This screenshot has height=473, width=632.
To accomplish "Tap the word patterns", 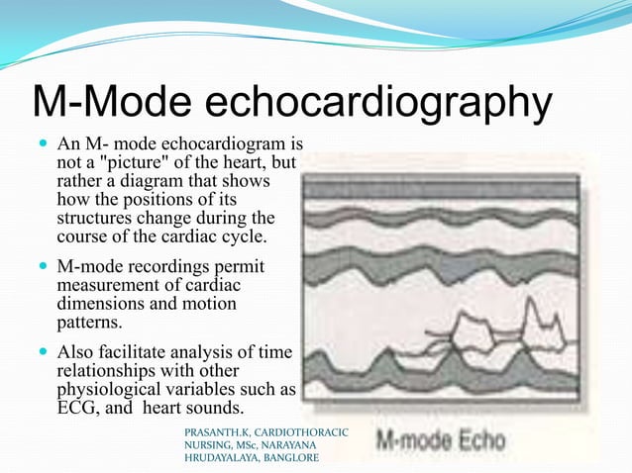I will (x=90, y=323).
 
